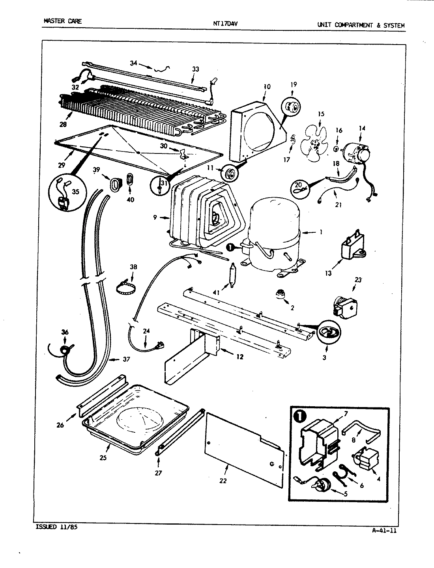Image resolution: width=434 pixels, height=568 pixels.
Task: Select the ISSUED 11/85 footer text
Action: tap(54, 527)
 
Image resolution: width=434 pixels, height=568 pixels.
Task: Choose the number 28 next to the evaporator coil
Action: tap(63, 124)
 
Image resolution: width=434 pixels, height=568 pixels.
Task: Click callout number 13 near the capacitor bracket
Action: tap(328, 273)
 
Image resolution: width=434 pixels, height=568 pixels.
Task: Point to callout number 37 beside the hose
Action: tap(125, 359)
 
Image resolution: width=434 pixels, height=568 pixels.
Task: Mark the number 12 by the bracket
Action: tap(239, 357)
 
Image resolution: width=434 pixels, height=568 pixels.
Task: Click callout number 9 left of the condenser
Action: tap(155, 217)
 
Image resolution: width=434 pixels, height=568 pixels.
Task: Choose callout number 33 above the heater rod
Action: tap(195, 69)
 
